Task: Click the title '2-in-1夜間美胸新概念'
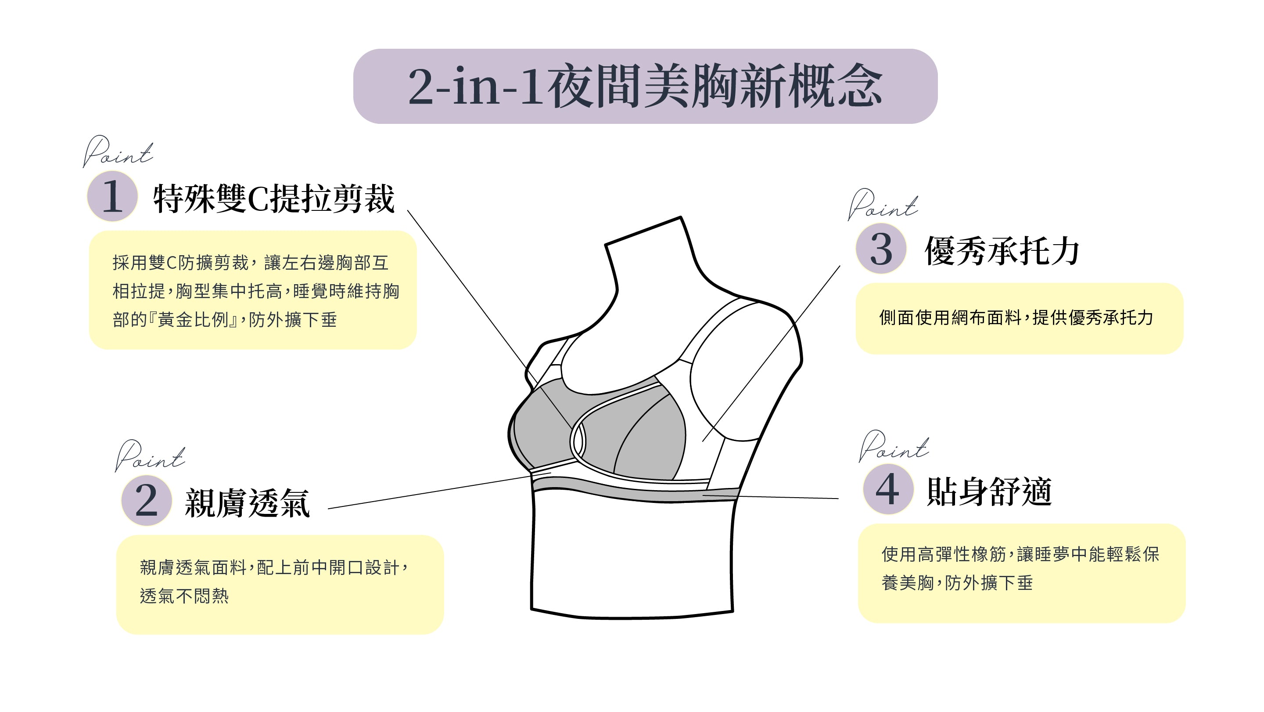coord(645,87)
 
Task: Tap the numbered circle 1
coord(112,196)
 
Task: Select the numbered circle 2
coord(146,500)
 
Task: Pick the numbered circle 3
coord(881,249)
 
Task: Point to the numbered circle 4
coord(888,489)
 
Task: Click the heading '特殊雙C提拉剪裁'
coord(274,199)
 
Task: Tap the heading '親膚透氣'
coord(247,503)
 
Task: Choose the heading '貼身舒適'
coord(989,492)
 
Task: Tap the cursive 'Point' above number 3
coord(883,204)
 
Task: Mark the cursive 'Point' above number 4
coord(894,446)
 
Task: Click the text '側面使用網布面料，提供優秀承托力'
coord(1016,318)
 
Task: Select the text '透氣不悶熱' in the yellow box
coord(184,596)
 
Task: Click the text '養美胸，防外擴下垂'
coord(957,583)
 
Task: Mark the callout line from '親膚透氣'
coord(430,492)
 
